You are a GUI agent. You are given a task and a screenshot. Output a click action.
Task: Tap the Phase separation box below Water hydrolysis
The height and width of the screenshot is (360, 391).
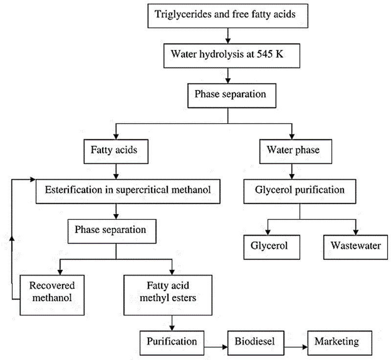228,95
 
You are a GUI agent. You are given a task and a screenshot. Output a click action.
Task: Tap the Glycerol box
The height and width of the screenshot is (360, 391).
266,246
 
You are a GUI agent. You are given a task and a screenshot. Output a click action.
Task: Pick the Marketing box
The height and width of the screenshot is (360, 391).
337,341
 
